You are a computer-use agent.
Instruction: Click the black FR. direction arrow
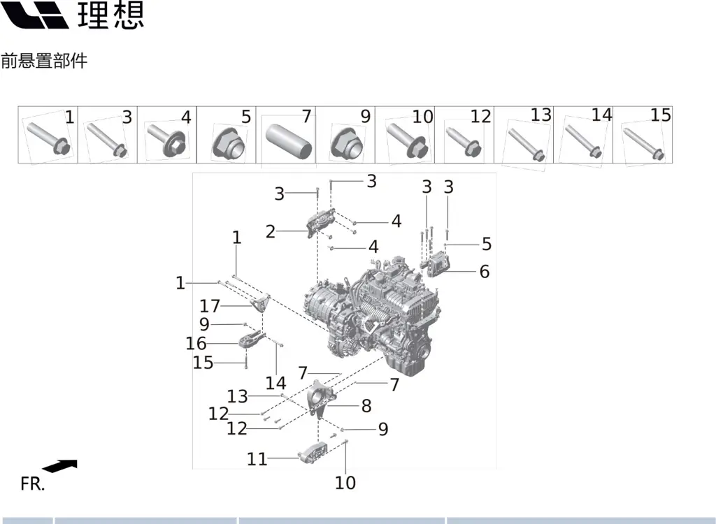coord(59,466)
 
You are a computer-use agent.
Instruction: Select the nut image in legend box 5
coord(227,143)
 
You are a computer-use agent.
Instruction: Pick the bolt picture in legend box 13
coord(526,144)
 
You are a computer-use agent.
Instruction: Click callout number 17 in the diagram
coord(210,306)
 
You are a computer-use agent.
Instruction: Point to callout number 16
coord(196,343)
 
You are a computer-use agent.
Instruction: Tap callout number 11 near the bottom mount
coord(257,458)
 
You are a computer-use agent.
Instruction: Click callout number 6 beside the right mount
coord(484,271)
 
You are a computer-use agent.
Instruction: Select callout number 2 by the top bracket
coord(271,232)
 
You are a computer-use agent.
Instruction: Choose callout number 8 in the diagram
coord(366,406)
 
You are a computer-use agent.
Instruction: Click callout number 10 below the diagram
coord(345,482)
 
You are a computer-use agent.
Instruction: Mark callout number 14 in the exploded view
coord(275,383)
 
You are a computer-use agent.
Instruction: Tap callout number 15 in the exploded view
coord(203,363)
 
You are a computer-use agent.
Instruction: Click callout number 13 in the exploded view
coord(237,397)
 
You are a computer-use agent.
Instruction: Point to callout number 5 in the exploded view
coord(486,244)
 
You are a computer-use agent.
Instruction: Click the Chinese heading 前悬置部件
coord(44,61)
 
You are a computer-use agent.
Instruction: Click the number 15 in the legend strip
coord(660,115)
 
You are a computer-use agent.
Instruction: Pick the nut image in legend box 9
coord(345,143)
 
